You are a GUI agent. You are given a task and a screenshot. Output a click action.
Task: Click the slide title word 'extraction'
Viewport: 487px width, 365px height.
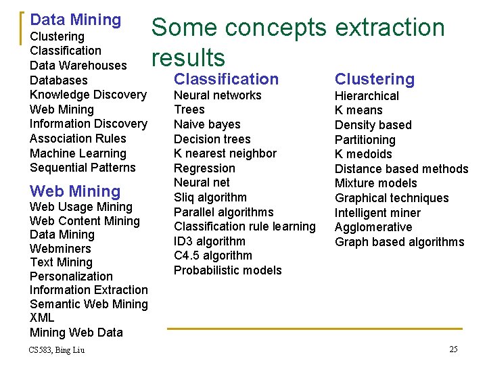coord(390,28)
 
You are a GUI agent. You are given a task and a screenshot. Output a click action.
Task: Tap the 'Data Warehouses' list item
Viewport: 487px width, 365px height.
coord(78,66)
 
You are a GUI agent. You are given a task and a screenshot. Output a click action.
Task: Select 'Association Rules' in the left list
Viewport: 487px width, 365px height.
coord(78,139)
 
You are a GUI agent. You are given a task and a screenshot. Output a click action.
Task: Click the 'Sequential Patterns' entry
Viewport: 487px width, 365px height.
coord(83,168)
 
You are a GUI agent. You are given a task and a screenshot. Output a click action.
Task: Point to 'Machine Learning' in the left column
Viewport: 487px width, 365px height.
coord(77,153)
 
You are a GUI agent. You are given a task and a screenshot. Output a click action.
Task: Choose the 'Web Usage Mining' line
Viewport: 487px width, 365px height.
coord(81,207)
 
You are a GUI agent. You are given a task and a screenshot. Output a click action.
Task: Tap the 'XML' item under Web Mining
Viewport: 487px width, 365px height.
coord(42,318)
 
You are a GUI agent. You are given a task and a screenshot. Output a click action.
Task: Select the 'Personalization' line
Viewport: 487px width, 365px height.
coord(71,276)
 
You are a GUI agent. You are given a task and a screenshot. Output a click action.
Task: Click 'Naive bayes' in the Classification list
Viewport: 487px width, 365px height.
coord(207,124)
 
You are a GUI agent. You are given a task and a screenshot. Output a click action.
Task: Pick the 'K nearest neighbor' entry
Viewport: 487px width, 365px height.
coord(225,153)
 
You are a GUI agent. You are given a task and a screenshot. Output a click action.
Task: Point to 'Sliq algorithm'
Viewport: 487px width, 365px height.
coord(210,197)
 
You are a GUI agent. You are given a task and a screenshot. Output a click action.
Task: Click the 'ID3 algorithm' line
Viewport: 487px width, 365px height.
coord(210,241)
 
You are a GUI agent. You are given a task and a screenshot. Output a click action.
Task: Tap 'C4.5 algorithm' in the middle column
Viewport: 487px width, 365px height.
coord(213,255)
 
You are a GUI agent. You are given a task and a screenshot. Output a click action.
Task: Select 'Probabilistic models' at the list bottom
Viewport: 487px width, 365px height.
coord(227,270)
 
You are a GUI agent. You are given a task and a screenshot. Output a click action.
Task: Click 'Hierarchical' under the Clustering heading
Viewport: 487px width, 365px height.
coord(367,96)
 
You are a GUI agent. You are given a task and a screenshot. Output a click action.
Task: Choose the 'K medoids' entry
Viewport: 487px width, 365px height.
coord(363,154)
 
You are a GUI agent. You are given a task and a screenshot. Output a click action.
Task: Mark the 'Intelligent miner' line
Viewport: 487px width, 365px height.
coord(377,213)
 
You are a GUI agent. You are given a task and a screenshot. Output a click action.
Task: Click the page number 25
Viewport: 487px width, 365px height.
coord(453,349)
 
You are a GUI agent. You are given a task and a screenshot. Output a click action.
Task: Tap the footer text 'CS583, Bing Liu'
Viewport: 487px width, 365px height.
coord(57,349)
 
